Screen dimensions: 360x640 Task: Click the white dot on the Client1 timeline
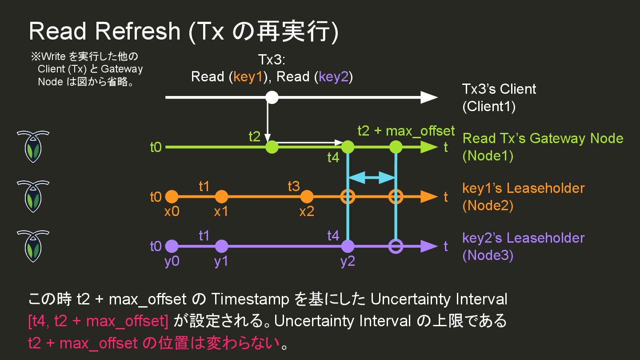(272, 97)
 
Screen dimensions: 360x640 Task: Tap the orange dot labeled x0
(172, 196)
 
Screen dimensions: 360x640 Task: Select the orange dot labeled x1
(221, 196)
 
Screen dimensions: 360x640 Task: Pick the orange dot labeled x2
(307, 196)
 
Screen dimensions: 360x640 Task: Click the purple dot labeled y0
(172, 246)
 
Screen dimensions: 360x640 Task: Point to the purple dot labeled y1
(221, 246)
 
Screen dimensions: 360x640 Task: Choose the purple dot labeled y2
(348, 246)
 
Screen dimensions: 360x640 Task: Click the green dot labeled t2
(272, 147)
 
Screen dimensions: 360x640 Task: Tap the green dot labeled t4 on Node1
(348, 147)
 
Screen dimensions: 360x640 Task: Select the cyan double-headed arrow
(372, 178)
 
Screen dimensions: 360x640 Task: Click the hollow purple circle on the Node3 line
(396, 246)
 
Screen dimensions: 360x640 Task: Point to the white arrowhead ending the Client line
(429, 97)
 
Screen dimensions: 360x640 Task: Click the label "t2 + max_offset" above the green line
(406, 131)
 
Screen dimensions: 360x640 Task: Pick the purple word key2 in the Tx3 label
(333, 76)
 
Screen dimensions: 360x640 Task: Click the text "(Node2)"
(488, 206)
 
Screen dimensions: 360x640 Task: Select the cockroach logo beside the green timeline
(33, 147)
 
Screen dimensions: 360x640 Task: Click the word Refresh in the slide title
(137, 32)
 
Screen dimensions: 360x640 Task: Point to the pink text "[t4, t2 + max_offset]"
(98, 321)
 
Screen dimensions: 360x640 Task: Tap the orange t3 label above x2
(294, 186)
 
